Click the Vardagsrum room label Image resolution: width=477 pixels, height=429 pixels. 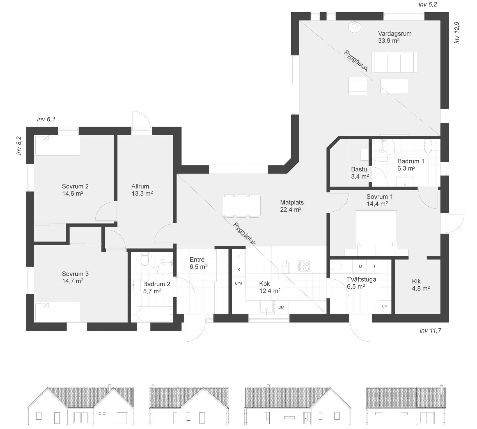[x=395, y=33]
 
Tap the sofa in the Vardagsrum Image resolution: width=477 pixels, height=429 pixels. [x=394, y=62]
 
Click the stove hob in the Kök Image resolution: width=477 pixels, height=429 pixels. [x=304, y=266]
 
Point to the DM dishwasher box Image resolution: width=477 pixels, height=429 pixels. [x=281, y=307]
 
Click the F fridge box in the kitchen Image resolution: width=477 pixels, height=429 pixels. [x=239, y=256]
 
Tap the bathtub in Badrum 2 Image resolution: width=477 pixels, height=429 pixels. [x=155, y=315]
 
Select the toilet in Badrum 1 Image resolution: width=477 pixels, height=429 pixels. [x=428, y=146]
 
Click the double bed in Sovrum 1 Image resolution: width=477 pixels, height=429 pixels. [x=377, y=233]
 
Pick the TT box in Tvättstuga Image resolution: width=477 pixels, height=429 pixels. [x=373, y=266]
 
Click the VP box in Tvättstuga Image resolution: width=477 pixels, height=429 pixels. [x=385, y=307]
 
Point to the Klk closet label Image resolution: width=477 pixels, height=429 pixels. [x=416, y=281]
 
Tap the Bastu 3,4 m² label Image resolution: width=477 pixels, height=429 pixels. [x=360, y=173]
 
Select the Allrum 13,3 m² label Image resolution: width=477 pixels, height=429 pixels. [x=142, y=190]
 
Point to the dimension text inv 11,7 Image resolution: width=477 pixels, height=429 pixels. [x=430, y=330]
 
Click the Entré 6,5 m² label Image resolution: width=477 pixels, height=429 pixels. [x=198, y=263]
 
